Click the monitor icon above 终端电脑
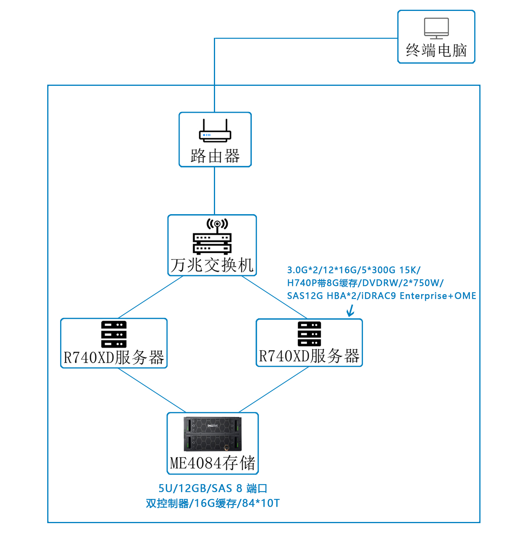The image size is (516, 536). (x=436, y=28)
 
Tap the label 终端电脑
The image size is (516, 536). (x=436, y=50)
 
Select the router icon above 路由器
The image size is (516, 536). (x=215, y=131)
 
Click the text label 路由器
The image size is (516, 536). (x=215, y=156)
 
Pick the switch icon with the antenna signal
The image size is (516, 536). (x=212, y=237)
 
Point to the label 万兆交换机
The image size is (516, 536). (x=212, y=265)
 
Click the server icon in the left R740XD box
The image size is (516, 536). (x=114, y=334)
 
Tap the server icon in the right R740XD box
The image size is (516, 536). (x=309, y=334)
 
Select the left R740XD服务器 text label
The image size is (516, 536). (x=114, y=357)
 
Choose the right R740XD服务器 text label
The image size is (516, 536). (x=309, y=356)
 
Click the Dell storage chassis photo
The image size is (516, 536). (x=213, y=434)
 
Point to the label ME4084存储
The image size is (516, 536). (x=213, y=463)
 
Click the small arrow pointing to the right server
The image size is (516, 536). (x=351, y=311)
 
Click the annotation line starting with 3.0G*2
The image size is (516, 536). (x=354, y=270)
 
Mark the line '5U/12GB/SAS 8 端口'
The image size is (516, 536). (x=213, y=488)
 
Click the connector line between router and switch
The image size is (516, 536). (x=215, y=191)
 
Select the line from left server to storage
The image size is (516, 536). (x=152, y=390)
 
